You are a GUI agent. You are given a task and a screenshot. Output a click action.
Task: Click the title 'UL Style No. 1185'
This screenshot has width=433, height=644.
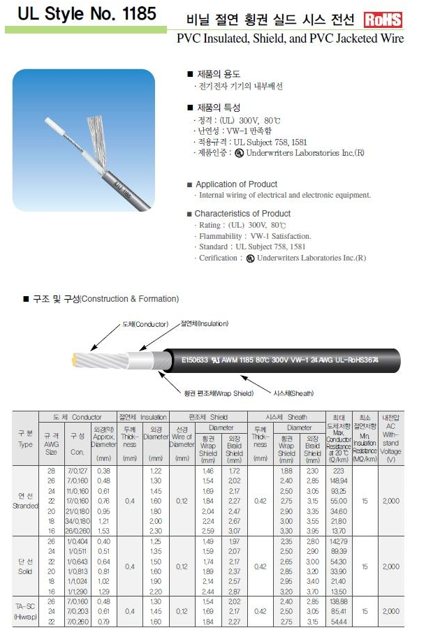[x=81, y=13]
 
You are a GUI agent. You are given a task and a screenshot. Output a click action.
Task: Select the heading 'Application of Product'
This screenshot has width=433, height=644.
[x=236, y=184]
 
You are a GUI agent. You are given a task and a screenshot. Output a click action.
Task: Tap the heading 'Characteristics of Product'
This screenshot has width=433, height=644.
[x=242, y=214]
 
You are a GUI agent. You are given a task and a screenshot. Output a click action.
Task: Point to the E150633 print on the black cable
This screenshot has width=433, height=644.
[x=195, y=361]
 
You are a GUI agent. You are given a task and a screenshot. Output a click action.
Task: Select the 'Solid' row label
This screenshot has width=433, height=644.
[x=25, y=570]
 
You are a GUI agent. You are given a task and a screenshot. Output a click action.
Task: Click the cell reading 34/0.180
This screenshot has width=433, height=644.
[x=78, y=521]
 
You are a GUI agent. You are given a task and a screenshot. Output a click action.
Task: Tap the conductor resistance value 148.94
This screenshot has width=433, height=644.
[x=339, y=481]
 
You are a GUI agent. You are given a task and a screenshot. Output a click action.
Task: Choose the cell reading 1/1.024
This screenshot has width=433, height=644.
[x=78, y=581]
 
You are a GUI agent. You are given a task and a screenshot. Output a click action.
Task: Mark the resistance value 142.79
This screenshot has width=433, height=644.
[x=339, y=541]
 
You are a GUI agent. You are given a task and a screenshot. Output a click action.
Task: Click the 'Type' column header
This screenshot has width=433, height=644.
[x=25, y=444]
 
